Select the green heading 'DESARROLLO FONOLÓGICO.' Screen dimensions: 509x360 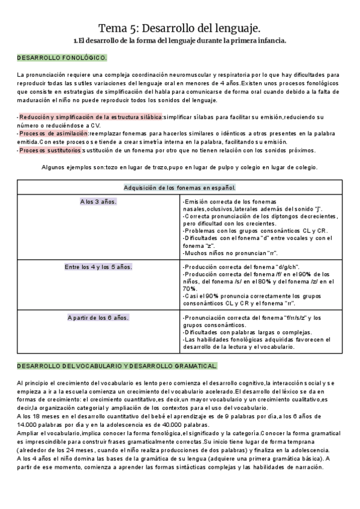coord(62,58)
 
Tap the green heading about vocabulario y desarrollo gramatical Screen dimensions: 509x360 coord(117,366)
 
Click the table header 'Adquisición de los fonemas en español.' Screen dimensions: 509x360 coord(179,187)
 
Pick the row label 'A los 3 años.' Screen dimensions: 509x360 coord(98,202)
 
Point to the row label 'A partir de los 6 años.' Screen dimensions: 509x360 coord(98,317)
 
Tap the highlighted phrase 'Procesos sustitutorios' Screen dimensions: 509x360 coord(50,150)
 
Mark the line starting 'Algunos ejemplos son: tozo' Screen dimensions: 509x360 coord(179,167)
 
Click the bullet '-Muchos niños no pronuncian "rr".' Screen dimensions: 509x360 coord(222,253)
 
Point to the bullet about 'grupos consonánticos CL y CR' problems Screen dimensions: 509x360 coord(247,230)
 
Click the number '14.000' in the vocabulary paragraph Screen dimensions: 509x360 coord(29,423)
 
